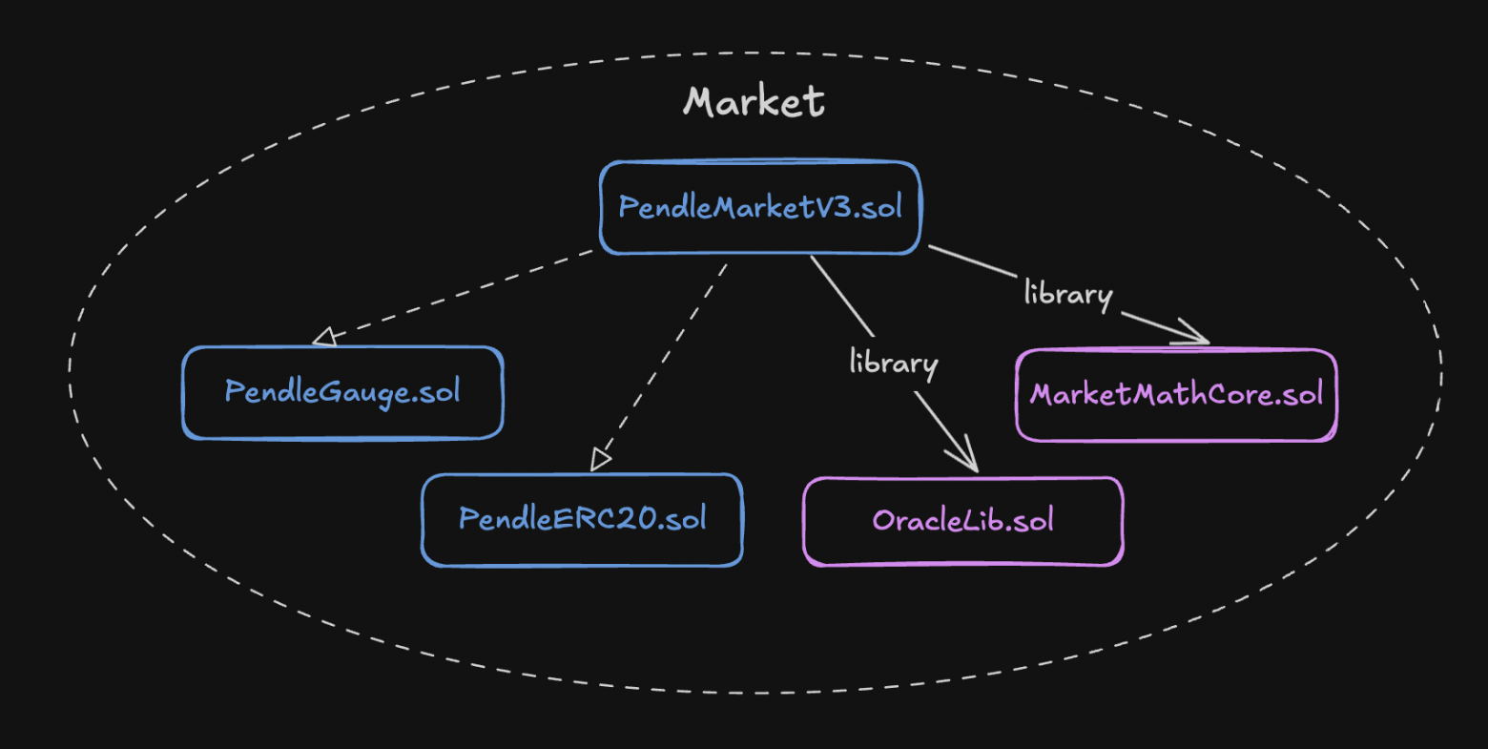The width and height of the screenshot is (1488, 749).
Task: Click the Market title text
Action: (754, 101)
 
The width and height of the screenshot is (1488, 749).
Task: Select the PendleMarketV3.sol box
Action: (760, 208)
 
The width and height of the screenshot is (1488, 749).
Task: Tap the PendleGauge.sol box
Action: (342, 392)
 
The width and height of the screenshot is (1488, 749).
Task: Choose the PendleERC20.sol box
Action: (582, 520)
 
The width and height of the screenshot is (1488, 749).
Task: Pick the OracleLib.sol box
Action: (963, 521)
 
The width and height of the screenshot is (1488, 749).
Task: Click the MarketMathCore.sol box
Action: (1176, 395)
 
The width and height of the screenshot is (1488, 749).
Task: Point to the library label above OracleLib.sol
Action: (894, 363)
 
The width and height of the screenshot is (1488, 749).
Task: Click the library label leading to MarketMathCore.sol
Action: (1068, 294)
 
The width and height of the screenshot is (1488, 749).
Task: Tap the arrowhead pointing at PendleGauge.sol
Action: (324, 337)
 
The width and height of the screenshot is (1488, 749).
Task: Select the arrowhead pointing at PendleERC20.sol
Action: (598, 460)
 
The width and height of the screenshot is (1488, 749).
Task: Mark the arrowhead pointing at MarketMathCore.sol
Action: (1195, 336)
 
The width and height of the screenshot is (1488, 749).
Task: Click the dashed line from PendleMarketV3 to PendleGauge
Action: (458, 294)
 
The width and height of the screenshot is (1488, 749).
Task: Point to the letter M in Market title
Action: (702, 102)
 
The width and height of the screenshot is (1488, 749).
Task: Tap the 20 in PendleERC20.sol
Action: (638, 519)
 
